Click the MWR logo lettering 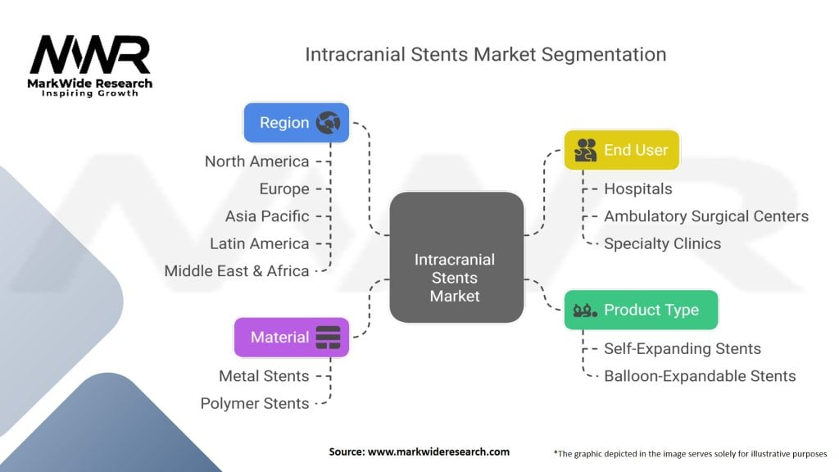point(90,55)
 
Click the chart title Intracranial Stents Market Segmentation point(485,55)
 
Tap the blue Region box point(297,123)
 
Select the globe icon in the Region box point(328,123)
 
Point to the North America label point(256,161)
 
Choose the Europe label point(284,189)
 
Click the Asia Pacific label point(267,216)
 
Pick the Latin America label point(260,243)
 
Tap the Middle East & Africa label point(237,270)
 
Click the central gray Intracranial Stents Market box point(456,257)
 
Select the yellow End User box point(622,150)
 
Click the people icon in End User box point(585,150)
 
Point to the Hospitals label point(637,189)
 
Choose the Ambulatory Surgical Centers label point(706,216)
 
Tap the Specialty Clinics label point(662,243)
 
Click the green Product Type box point(641,310)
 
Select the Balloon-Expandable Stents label point(700,375)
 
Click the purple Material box point(292,337)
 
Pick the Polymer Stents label point(255,403)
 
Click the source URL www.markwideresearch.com point(439,452)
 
